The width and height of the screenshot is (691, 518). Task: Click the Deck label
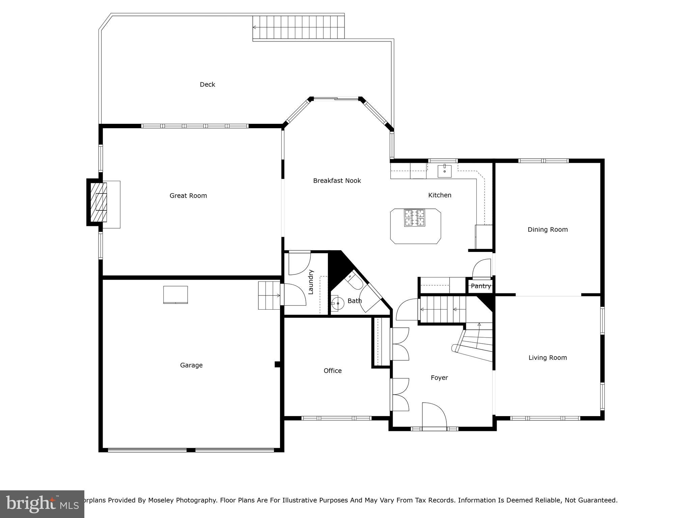pos(207,84)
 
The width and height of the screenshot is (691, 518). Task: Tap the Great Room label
pos(188,196)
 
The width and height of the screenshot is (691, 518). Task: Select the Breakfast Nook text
pos(337,181)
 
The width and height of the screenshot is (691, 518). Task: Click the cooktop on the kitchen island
pos(414,218)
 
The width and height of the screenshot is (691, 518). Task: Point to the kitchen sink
pos(445,171)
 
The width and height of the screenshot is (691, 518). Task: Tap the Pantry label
pos(480,286)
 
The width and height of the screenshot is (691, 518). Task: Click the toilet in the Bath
pos(354,281)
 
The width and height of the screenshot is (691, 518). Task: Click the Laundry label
pos(311,282)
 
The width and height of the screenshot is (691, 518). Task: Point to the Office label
pos(332,371)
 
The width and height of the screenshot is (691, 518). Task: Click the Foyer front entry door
pos(434,415)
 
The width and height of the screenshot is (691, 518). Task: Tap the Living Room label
pos(547,357)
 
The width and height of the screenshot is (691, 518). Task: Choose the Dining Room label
pos(547,229)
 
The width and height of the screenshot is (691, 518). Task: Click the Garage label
pos(191,365)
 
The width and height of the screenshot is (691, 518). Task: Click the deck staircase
pos(298,27)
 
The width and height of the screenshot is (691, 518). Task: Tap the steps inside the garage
pos(269,295)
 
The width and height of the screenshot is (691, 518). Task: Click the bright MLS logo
pos(42,504)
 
